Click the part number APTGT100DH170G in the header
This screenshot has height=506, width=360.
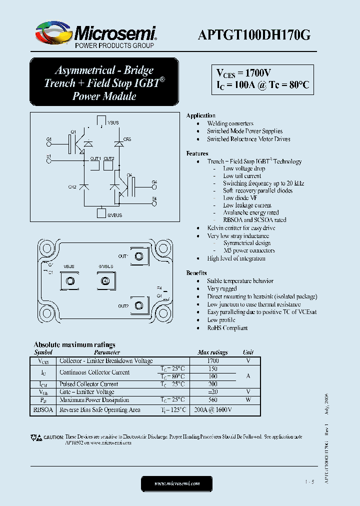click(x=254, y=35)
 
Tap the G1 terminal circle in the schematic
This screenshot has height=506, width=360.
click(x=48, y=144)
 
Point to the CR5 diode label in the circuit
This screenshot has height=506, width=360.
click(x=127, y=139)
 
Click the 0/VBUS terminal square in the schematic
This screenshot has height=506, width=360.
click(x=100, y=213)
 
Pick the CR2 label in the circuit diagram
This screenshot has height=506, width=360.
click(x=72, y=187)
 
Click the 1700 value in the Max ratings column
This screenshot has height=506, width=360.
click(x=212, y=360)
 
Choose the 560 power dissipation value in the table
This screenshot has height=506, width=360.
click(x=212, y=400)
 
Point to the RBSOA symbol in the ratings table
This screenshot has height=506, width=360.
click(x=43, y=410)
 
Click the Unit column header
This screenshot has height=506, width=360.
click(x=248, y=352)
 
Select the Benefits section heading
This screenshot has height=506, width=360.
click(x=196, y=273)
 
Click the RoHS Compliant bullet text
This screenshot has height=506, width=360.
click(x=227, y=328)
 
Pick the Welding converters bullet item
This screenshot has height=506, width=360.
click(x=230, y=123)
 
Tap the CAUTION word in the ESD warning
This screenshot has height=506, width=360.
click(x=53, y=437)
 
